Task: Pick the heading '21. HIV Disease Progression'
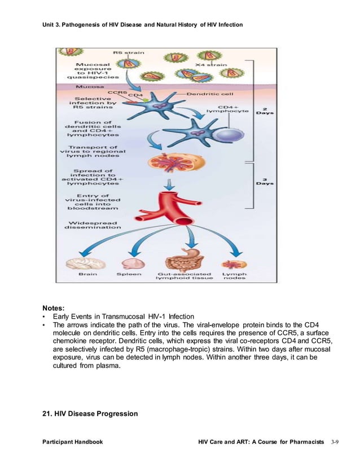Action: point(90,414)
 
